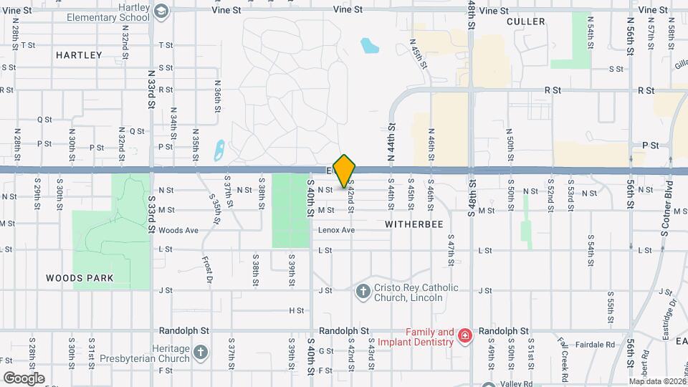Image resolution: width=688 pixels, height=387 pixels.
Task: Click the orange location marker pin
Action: [345, 171]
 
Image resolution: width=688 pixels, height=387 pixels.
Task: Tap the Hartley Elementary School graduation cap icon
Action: [162, 11]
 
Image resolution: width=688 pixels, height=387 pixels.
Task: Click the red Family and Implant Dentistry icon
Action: [464, 335]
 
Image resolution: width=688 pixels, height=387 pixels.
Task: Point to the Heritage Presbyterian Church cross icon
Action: [200, 352]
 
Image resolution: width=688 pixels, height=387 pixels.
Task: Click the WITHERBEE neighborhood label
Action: [414, 224]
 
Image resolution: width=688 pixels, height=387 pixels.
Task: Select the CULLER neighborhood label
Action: [525, 21]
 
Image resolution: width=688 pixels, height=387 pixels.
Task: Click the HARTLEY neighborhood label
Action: [79, 54]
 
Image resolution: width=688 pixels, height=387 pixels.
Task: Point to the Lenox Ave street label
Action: [337, 230]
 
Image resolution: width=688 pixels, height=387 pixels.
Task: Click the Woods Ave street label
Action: [178, 230]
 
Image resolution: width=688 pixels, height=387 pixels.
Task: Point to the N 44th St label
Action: [393, 136]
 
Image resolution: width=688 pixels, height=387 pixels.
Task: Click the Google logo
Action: [24, 378]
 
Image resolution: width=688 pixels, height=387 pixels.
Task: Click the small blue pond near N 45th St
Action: [369, 47]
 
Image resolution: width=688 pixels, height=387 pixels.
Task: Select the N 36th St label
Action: [217, 95]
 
